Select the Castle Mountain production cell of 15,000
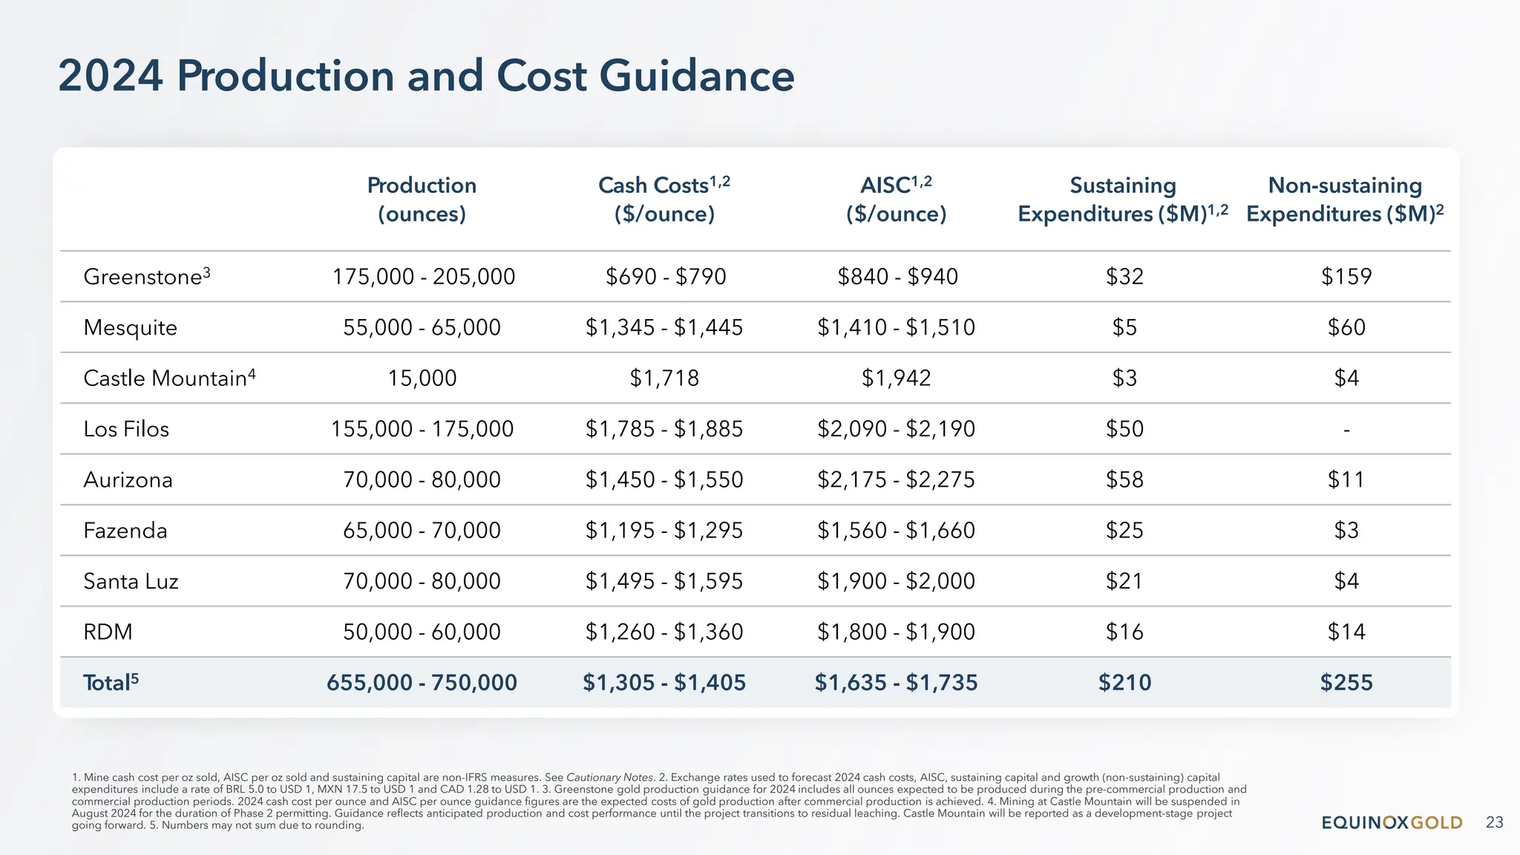(x=422, y=379)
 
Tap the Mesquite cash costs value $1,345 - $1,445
(x=664, y=327)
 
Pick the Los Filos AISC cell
(x=896, y=429)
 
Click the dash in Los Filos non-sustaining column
(x=1346, y=430)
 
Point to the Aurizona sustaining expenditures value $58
(x=1124, y=479)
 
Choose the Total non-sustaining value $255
(x=1346, y=683)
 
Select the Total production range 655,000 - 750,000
(x=422, y=683)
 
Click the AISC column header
(x=896, y=199)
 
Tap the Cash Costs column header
(x=664, y=199)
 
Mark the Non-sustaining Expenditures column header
(x=1345, y=199)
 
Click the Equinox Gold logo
(x=1392, y=822)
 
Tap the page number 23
(x=1494, y=822)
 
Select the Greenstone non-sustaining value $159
(x=1346, y=277)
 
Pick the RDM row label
(x=108, y=632)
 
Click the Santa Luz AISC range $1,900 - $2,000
(x=896, y=581)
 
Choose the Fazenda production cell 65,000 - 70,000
(x=422, y=531)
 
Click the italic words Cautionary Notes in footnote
(x=609, y=778)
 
